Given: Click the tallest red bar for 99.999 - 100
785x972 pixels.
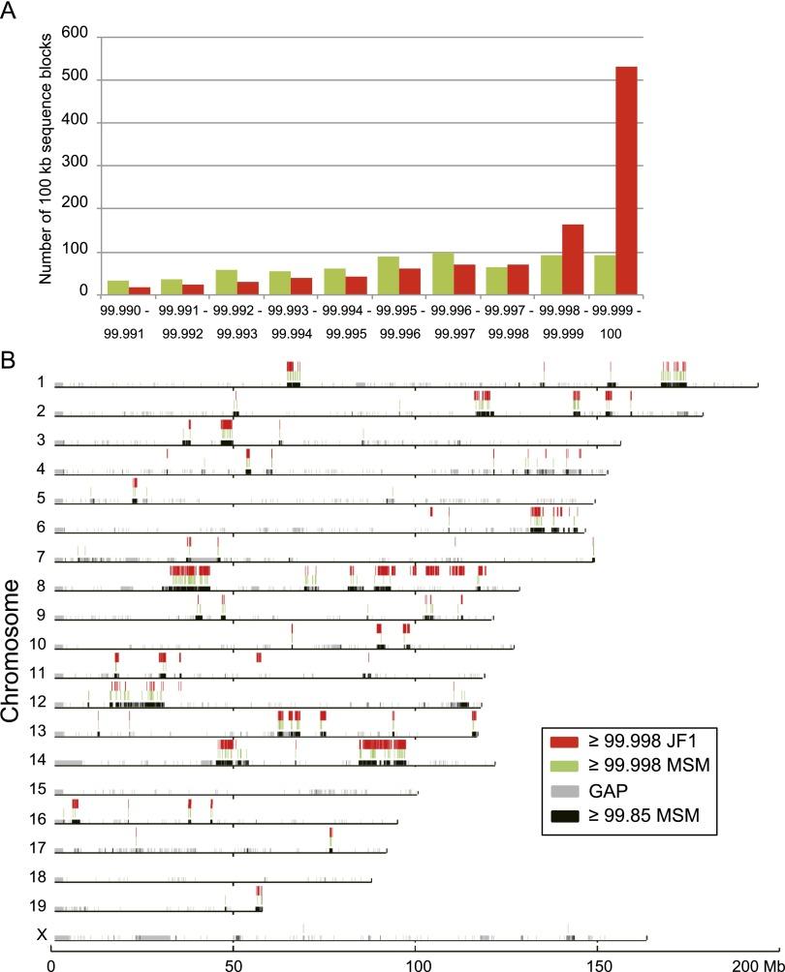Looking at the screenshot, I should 627,180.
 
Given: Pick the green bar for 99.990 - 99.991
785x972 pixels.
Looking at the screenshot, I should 118,287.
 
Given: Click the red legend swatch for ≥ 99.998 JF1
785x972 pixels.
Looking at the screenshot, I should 563,743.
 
